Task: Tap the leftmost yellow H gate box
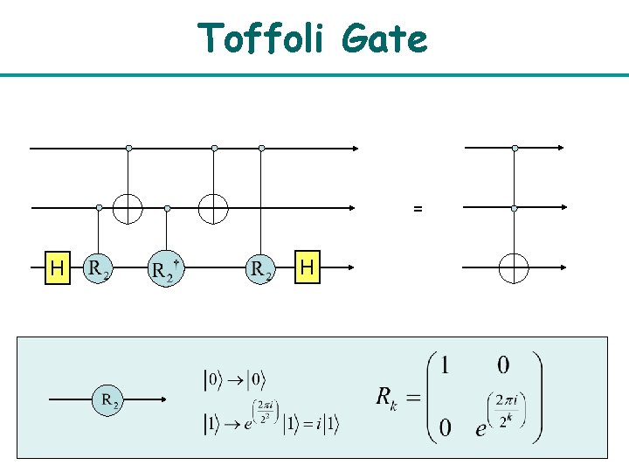click(58, 267)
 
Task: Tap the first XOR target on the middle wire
click(128, 208)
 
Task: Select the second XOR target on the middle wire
click(213, 208)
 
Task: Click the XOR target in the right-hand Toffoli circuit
click(514, 267)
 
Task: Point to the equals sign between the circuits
click(418, 210)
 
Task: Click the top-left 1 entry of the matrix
click(445, 365)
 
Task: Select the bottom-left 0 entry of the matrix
click(445, 427)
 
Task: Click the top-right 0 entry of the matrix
click(504, 365)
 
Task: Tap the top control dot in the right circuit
click(515, 149)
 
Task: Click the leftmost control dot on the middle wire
click(99, 208)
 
